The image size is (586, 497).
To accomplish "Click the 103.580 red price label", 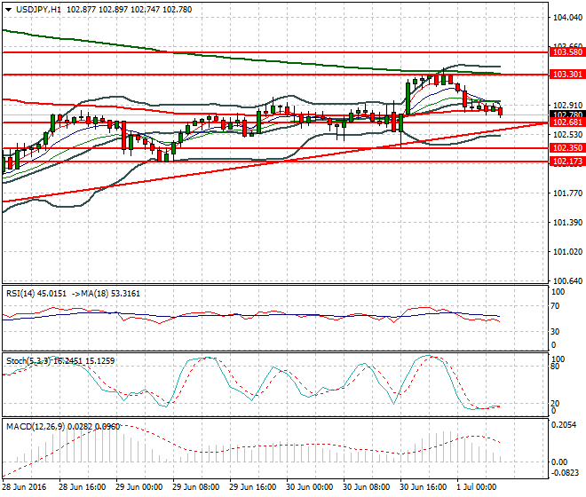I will (566, 53).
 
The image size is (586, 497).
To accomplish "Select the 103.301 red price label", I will (566, 75).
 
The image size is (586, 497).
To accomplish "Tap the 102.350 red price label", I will (566, 148).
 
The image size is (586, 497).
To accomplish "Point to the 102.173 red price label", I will (566, 162).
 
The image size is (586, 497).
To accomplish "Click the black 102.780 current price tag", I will (566, 114).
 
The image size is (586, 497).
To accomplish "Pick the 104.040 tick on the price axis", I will (566, 17).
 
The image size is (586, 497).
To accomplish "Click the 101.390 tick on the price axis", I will (566, 222).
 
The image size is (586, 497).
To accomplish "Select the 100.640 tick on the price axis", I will (566, 280).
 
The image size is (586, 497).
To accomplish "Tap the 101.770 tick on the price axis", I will (566, 193).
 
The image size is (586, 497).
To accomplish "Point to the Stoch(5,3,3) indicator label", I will (29, 360).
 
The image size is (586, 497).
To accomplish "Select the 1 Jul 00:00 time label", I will (478, 487).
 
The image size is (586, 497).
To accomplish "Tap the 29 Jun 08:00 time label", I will (195, 487).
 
